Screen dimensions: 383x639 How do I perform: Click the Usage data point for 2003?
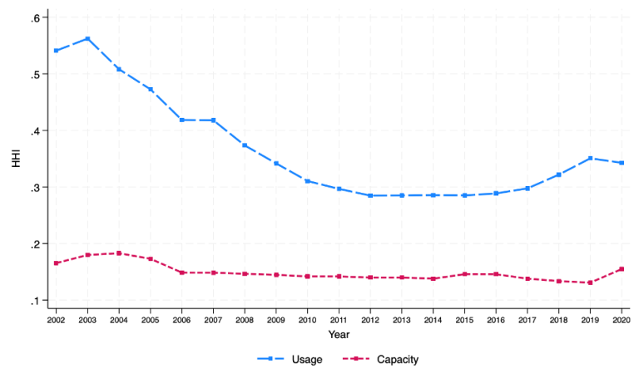87,39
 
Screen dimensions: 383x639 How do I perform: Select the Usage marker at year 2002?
56,51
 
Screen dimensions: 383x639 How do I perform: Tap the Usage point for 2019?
590,158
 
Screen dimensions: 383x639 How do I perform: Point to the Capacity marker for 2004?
119,253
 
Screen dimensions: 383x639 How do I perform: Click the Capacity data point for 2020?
622,269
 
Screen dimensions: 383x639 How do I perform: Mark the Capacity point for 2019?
590,282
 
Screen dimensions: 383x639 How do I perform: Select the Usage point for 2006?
181,120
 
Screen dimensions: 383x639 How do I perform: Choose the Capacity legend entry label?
398,360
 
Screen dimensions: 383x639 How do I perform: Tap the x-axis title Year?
339,334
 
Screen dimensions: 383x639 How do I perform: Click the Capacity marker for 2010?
307,276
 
